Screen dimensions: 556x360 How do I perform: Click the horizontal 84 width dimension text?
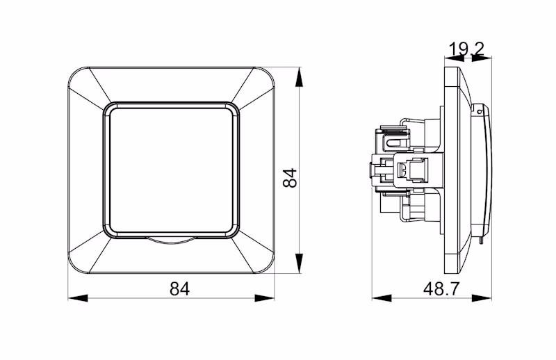180,288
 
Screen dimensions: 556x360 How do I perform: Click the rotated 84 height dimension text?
290,178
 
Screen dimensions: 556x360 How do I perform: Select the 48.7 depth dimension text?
441,288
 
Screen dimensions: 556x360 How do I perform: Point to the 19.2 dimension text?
466,49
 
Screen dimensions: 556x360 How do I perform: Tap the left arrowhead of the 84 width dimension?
78,298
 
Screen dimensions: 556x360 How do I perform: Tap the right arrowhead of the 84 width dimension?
265,298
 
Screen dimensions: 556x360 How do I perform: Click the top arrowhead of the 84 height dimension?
300,76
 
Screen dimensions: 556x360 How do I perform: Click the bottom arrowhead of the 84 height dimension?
300,263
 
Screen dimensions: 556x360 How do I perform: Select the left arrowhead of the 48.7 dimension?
382,298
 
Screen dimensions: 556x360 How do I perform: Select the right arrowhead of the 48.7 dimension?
482,298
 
